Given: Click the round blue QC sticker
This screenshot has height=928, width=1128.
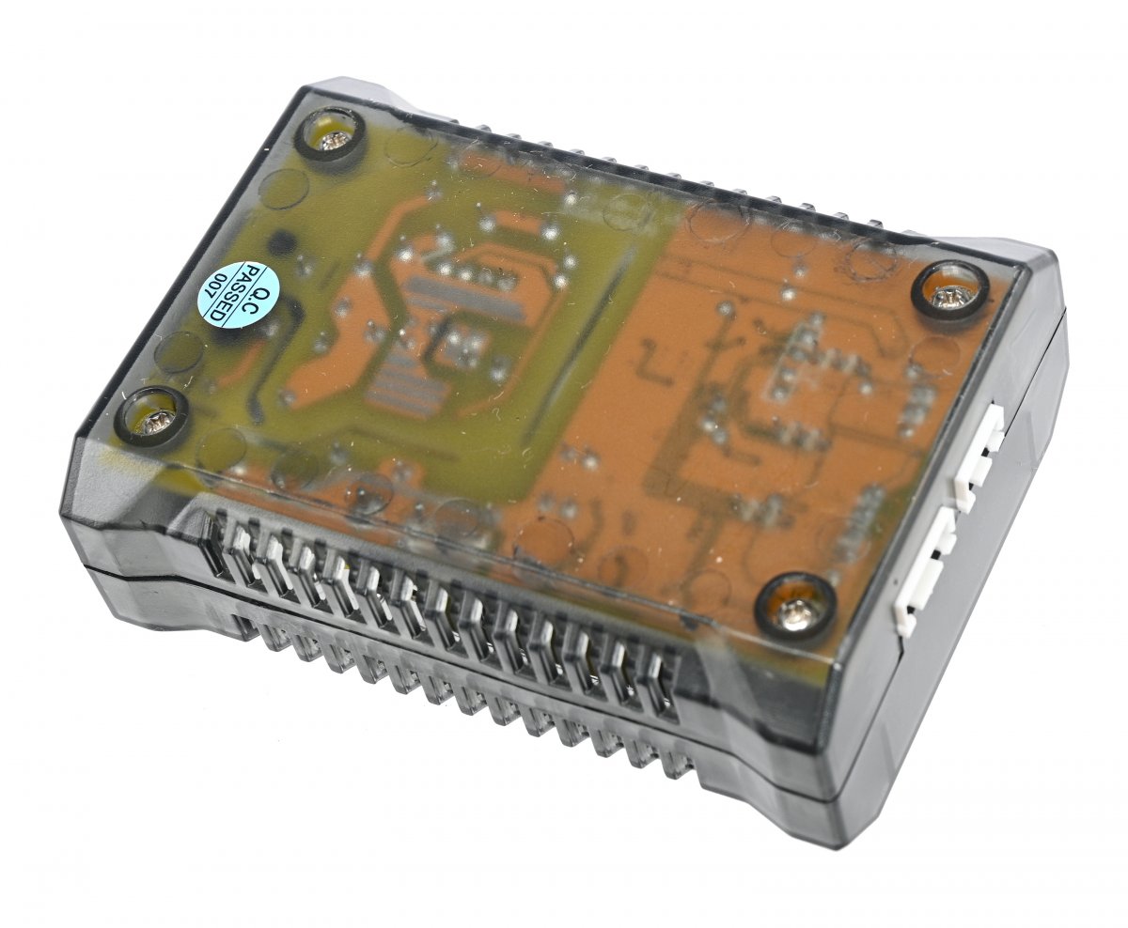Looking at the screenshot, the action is pos(239,295).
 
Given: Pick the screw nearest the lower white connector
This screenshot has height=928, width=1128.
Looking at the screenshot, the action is pos(796,611).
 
